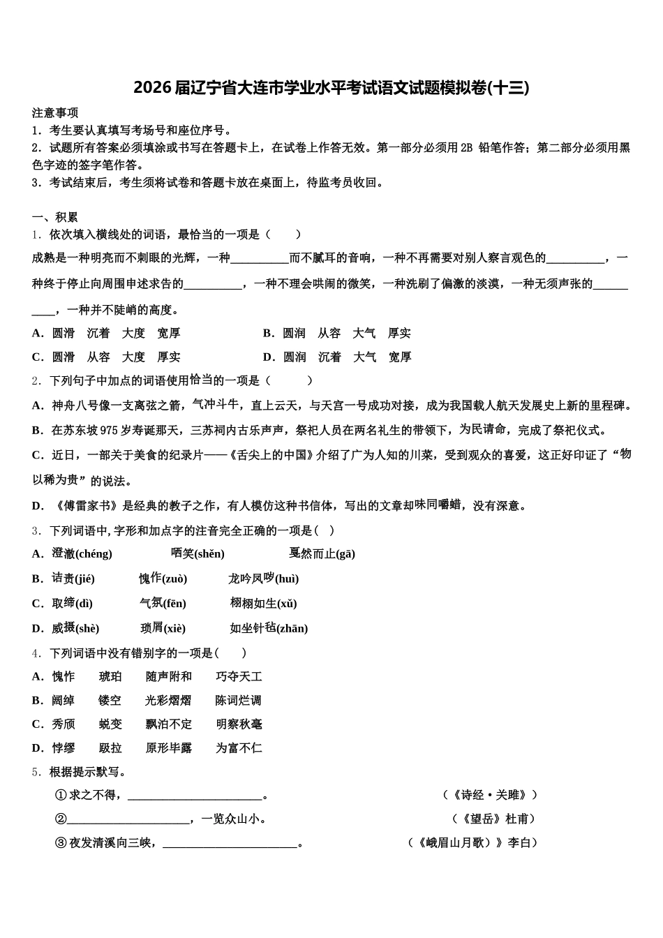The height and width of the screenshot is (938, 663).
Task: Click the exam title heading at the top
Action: pyautogui.click(x=331, y=88)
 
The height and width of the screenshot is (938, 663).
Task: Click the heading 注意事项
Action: pyautogui.click(x=55, y=112)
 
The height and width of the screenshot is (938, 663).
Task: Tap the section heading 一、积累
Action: pyautogui.click(x=55, y=217)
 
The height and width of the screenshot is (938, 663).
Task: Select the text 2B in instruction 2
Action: pyautogui.click(x=467, y=147)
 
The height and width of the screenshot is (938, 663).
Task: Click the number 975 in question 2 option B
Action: pyautogui.click(x=110, y=430)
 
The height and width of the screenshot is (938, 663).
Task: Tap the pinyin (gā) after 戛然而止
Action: pyautogui.click(x=345, y=554)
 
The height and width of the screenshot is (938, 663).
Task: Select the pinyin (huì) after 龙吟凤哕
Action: pyautogui.click(x=287, y=579)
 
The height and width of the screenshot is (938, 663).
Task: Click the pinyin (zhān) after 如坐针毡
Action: pyautogui.click(x=292, y=629)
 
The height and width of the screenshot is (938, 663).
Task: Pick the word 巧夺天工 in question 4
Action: pyautogui.click(x=239, y=677)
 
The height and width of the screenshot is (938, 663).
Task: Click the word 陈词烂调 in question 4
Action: pyautogui.click(x=239, y=701)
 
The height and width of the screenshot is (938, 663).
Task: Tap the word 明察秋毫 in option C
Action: pyautogui.click(x=239, y=724)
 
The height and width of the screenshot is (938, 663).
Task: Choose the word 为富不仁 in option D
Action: pyautogui.click(x=239, y=748)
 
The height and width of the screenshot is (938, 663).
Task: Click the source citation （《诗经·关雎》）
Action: pyautogui.click(x=491, y=795)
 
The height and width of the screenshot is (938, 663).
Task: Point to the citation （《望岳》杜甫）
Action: pyautogui.click(x=495, y=819)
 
